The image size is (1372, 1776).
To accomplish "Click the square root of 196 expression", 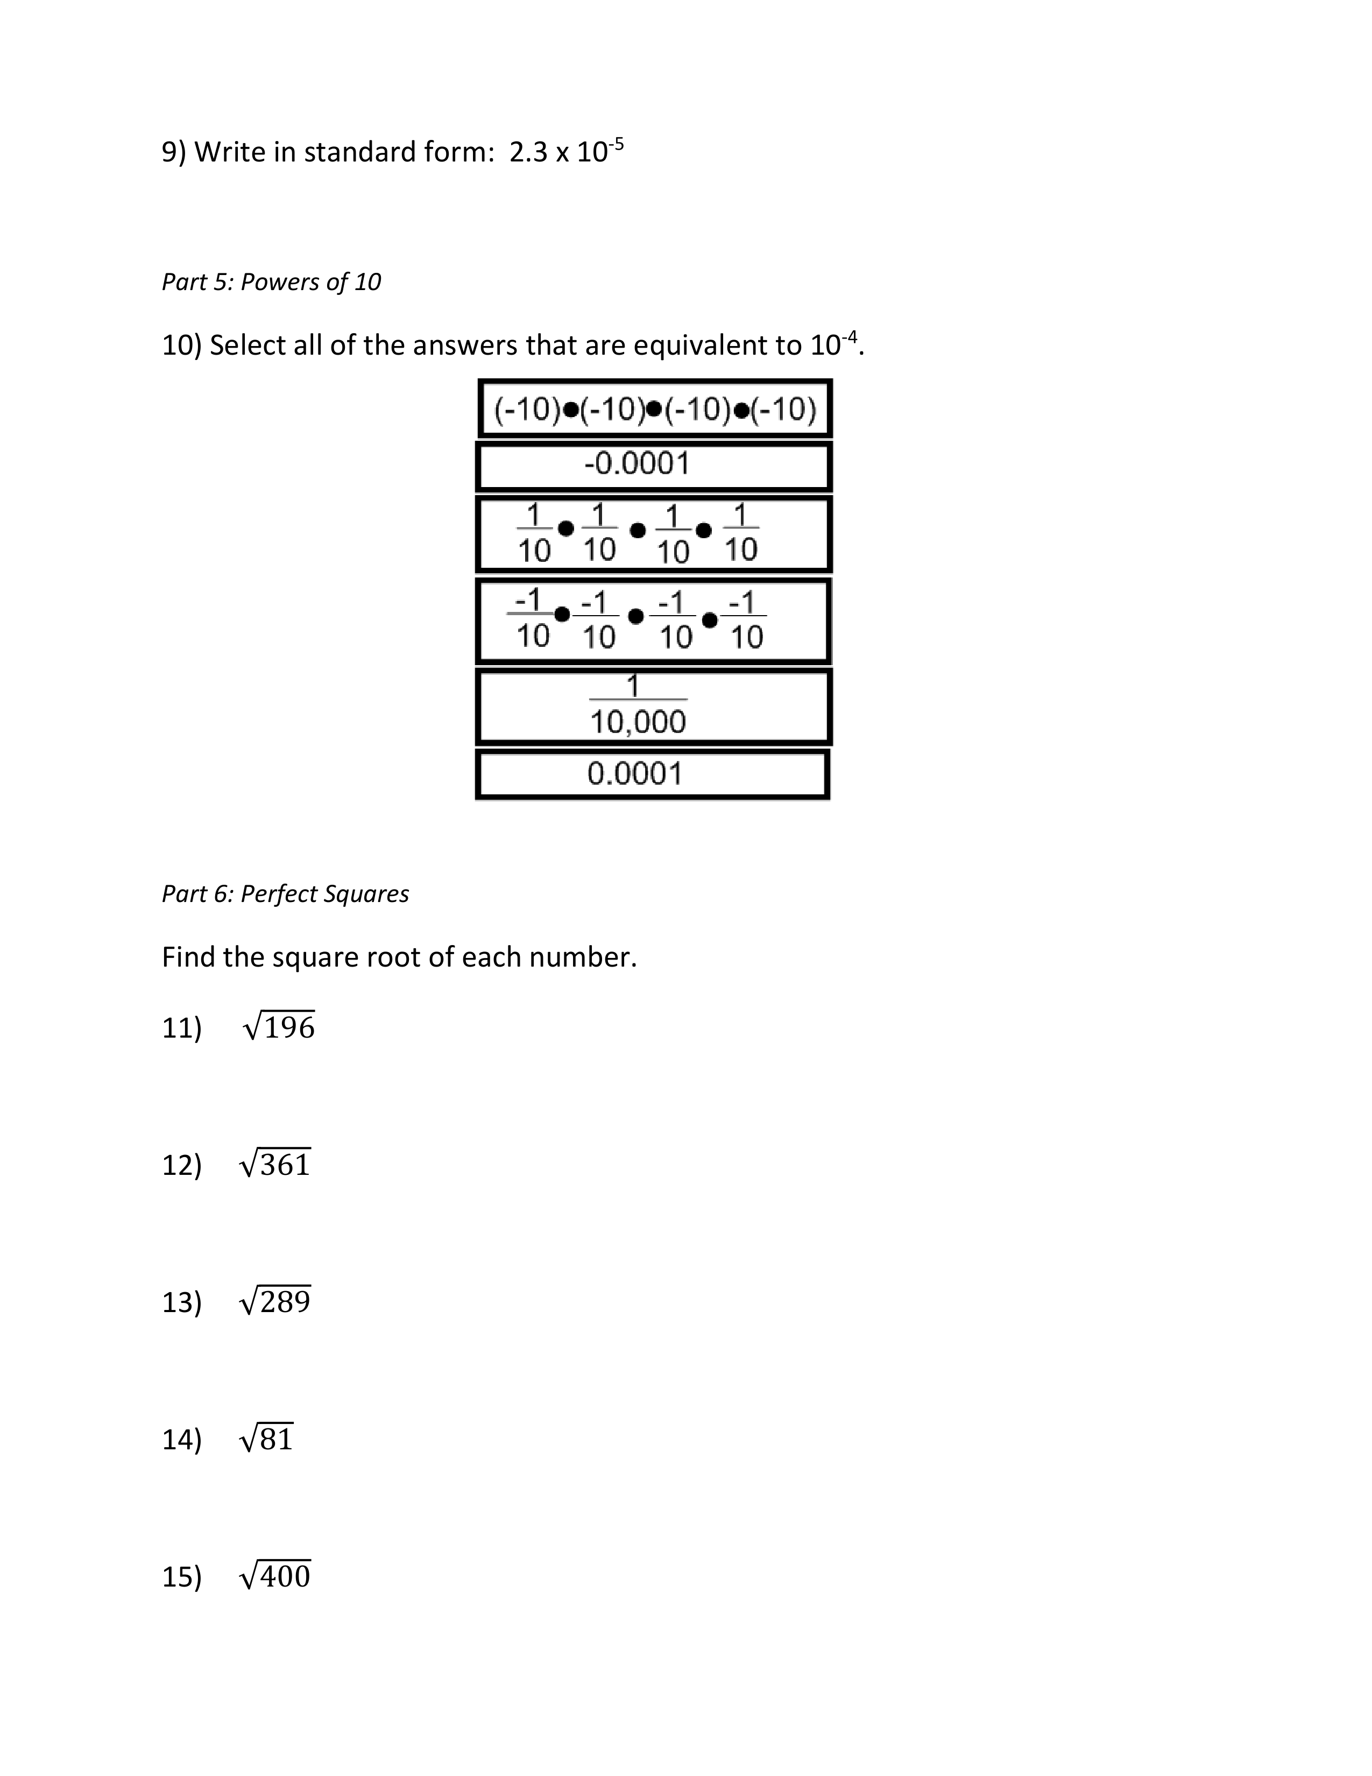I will click(x=279, y=1027).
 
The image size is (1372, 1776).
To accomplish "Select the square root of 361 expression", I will click(x=275, y=1165).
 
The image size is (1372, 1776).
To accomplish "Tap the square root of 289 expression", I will click(x=275, y=1302).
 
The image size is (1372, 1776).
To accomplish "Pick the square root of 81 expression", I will click(x=266, y=1439).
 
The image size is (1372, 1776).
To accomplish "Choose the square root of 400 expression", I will click(x=275, y=1576).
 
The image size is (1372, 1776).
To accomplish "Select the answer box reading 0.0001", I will click(x=652, y=774).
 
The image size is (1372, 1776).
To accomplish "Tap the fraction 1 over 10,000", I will click(x=638, y=706).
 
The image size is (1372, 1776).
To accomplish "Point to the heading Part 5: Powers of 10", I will click(x=271, y=282).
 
